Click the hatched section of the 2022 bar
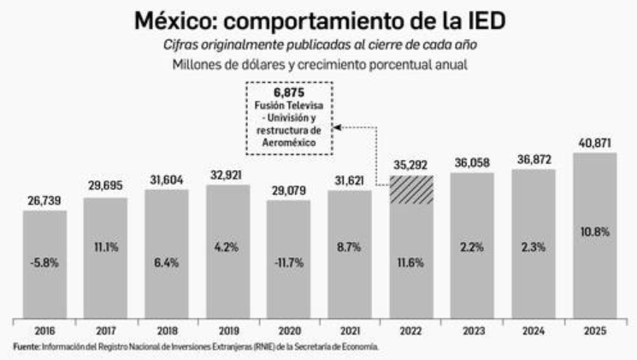pos(410,189)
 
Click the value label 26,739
pos(44,201)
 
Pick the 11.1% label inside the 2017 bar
pos(106,247)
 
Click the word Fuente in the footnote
pos(25,346)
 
